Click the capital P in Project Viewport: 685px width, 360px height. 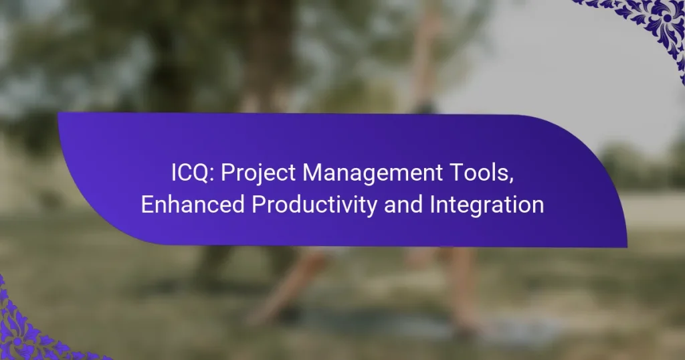(x=226, y=173)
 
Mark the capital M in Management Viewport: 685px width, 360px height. (x=310, y=173)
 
